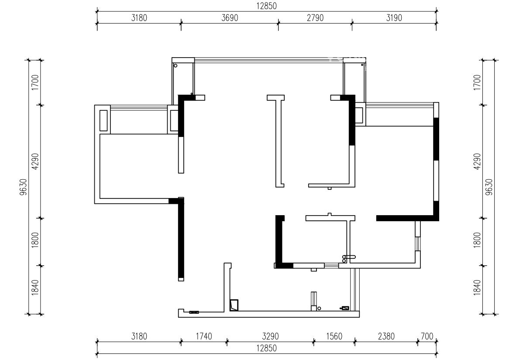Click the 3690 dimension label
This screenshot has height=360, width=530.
[230, 18]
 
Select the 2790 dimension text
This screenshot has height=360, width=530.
[315, 18]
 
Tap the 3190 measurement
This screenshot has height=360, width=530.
[394, 18]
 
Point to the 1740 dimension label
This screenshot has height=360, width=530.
[204, 336]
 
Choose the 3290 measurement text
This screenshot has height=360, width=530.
[270, 336]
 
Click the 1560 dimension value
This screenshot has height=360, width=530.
[334, 336]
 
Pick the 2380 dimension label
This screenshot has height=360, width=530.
[386, 336]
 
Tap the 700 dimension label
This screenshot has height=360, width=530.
[427, 336]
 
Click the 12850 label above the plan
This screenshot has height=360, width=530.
[266, 6]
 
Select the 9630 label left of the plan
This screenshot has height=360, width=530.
[24, 187]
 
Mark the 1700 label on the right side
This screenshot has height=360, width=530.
[477, 82]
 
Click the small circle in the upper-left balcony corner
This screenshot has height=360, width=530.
[176, 65]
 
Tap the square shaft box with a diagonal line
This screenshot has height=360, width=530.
[234, 305]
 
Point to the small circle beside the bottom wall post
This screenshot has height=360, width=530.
[319, 308]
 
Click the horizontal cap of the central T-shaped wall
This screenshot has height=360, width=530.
[275, 98]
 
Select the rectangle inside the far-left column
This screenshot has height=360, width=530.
[103, 120]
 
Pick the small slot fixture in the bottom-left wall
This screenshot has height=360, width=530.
[194, 312]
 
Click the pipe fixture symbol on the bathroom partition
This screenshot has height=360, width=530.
[349, 257]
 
